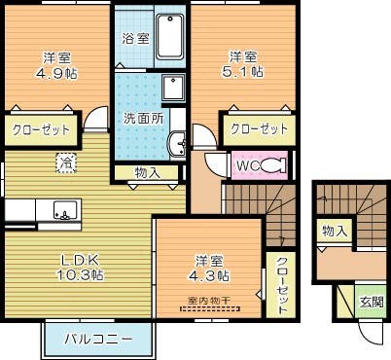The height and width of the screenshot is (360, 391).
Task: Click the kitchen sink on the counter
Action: pyautogui.click(x=65, y=209)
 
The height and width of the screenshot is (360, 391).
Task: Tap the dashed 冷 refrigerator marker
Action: pyautogui.click(x=65, y=161)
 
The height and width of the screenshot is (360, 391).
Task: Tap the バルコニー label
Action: pyautogui.click(x=98, y=341)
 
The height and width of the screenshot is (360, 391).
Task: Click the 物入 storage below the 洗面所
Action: pyautogui.click(x=147, y=173)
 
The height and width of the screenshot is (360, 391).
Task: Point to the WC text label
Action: pyautogui.click(x=246, y=166)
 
